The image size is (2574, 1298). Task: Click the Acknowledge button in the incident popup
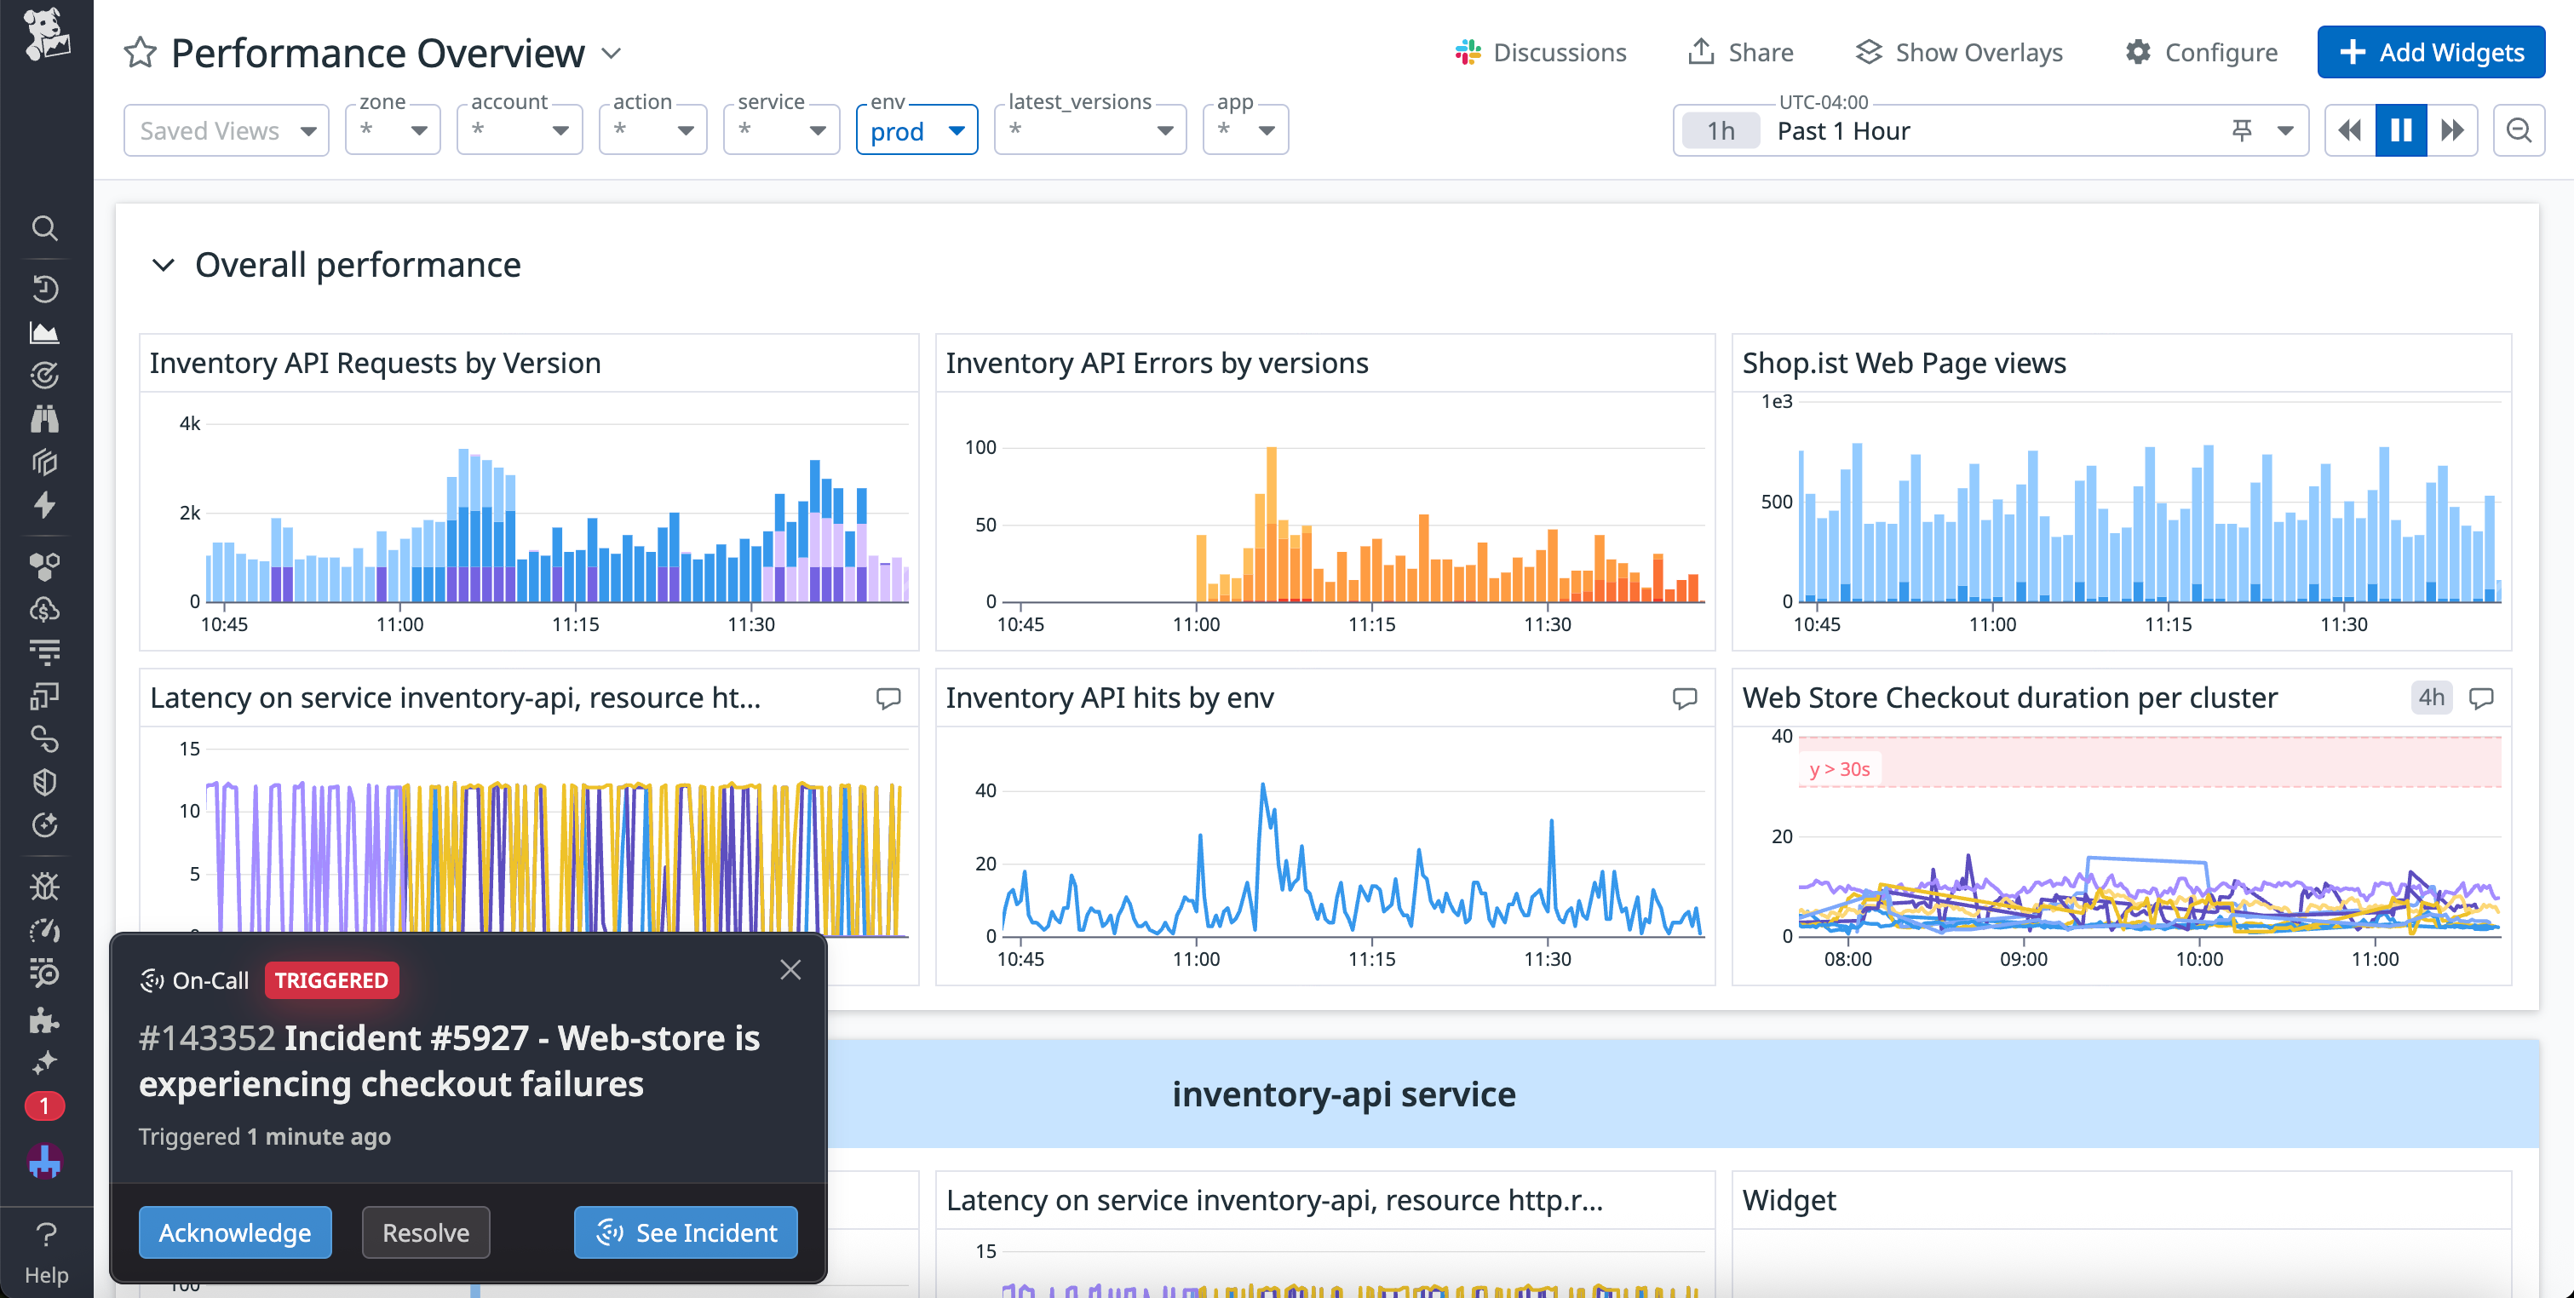click(x=235, y=1232)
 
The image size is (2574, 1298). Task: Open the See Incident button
click(x=686, y=1232)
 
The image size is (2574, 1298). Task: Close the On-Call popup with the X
click(x=790, y=969)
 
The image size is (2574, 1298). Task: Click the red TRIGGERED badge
click(x=331, y=980)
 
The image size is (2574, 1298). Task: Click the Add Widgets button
click(x=2430, y=52)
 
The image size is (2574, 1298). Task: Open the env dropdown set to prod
click(x=916, y=131)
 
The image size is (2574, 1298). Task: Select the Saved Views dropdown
click(x=227, y=131)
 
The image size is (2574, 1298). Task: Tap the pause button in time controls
click(x=2400, y=131)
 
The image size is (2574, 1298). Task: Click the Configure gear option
click(x=2201, y=52)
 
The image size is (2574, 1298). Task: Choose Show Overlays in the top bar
click(x=1960, y=52)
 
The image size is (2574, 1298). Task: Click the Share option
click(x=1741, y=52)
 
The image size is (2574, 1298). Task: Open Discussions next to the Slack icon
click(x=1541, y=52)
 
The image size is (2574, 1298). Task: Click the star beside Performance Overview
click(x=140, y=52)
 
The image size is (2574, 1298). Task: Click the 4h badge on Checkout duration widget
click(x=2431, y=698)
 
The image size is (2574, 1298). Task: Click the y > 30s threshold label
click(x=1840, y=768)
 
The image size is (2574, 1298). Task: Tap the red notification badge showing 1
click(x=44, y=1106)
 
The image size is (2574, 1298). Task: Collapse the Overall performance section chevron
click(x=163, y=265)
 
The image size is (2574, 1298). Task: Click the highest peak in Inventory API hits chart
click(x=1263, y=786)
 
